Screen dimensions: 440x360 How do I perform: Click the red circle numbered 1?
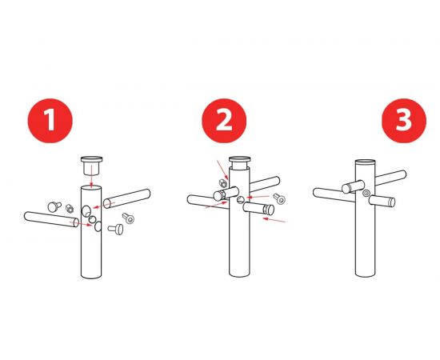click(50, 121)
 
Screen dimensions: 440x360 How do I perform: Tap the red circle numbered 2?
click(224, 121)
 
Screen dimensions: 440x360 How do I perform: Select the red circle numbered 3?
click(404, 121)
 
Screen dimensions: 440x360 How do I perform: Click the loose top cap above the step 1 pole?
click(91, 166)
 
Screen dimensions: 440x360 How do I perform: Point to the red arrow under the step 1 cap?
click(91, 176)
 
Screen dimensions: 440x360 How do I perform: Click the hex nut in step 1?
click(70, 209)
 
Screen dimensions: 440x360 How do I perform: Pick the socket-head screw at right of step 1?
click(128, 218)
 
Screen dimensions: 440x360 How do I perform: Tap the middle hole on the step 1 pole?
click(92, 219)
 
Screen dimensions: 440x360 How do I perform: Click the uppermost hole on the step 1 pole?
click(86, 211)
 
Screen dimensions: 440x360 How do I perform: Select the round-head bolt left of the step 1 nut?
click(54, 206)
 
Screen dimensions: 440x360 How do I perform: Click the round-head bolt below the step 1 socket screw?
click(116, 229)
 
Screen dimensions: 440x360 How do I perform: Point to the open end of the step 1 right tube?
click(107, 203)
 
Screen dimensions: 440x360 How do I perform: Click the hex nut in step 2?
click(223, 183)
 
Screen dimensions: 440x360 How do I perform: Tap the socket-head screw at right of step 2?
click(279, 198)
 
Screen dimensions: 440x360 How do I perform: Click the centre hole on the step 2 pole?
click(241, 200)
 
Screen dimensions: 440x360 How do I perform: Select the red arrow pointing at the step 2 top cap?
click(223, 170)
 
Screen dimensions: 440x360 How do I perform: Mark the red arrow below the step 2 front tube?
click(274, 220)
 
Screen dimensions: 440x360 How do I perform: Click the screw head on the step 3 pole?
click(366, 193)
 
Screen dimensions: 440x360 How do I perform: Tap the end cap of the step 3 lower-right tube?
click(392, 202)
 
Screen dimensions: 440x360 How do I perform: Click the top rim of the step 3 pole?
click(365, 162)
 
